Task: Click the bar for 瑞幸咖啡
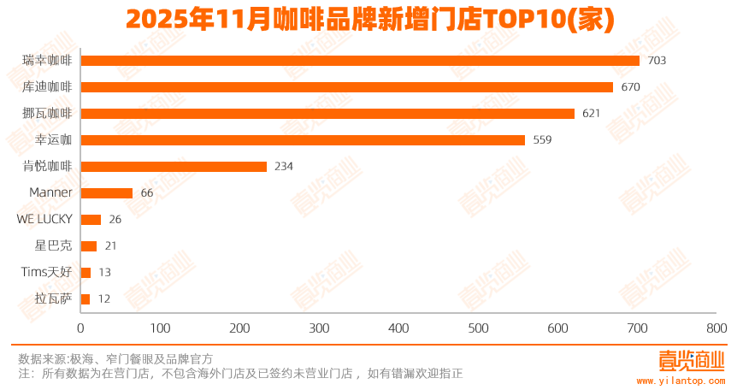(359, 61)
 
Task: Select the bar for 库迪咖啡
(346, 87)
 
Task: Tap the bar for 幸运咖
(303, 140)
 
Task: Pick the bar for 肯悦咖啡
(174, 167)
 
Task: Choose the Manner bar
(107, 193)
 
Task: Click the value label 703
(657, 61)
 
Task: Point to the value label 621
(592, 114)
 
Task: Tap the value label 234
(284, 167)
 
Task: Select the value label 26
(115, 220)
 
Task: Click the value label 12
(104, 299)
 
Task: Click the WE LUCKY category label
(44, 220)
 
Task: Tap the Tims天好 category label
(47, 273)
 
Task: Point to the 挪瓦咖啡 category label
(47, 114)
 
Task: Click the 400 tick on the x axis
(398, 328)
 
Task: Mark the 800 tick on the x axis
(716, 328)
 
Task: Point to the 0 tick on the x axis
(81, 328)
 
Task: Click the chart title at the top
(369, 20)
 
